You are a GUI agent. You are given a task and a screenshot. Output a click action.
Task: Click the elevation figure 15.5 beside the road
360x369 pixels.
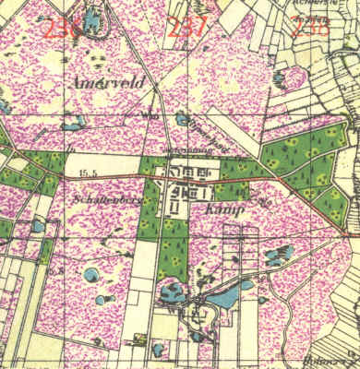tap(89, 173)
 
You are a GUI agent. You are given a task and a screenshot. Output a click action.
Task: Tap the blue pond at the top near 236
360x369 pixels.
tap(93, 20)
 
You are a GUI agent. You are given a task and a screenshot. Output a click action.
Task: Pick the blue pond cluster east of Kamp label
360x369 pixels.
tap(276, 256)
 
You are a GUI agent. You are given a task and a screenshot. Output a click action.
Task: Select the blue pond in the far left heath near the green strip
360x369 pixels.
tap(38, 225)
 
